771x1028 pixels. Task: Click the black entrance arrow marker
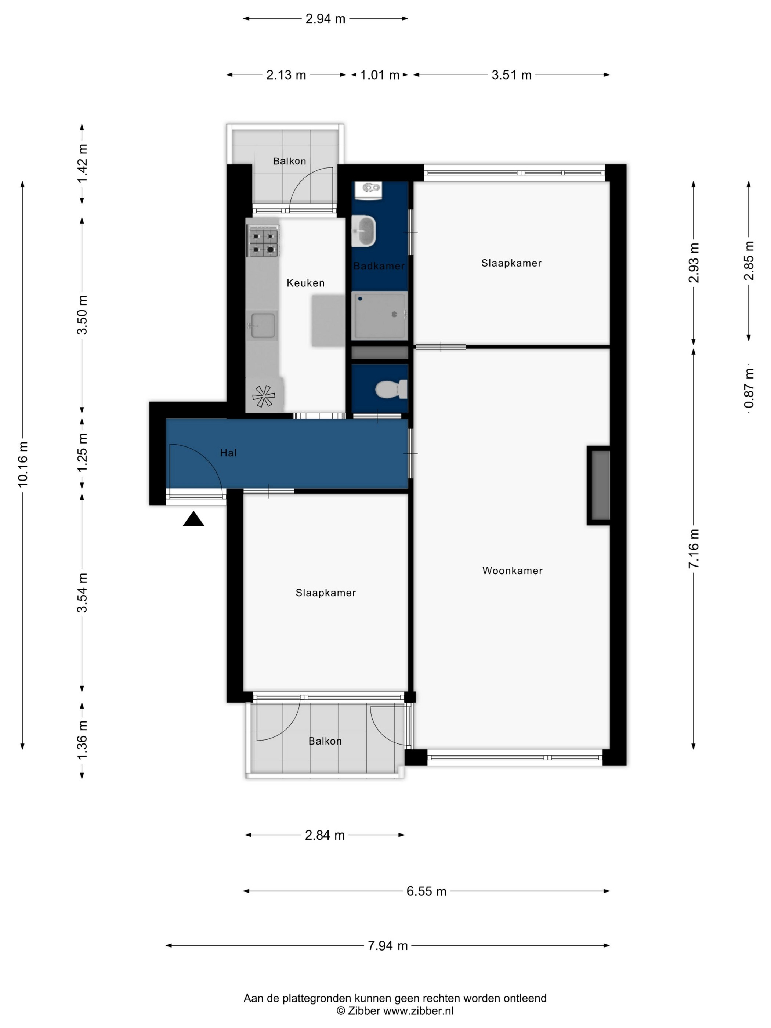[x=193, y=519]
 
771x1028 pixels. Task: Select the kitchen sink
[x=263, y=325]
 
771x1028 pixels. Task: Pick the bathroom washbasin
[x=364, y=231]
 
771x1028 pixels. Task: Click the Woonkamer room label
[x=512, y=571]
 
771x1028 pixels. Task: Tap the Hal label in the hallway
[x=228, y=453]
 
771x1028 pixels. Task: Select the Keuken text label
[x=305, y=283]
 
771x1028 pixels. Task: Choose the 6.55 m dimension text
[x=426, y=891]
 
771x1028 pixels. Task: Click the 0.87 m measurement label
[x=748, y=388]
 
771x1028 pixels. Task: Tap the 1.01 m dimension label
[x=380, y=75]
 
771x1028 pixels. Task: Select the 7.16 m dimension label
[x=694, y=549]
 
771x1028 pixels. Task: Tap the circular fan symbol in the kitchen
[x=264, y=397]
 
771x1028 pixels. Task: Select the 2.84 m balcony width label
[x=325, y=835]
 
